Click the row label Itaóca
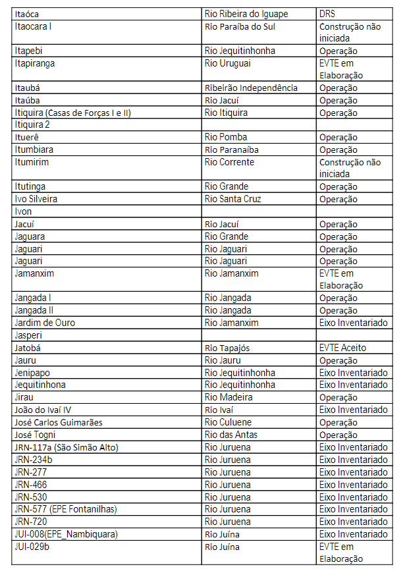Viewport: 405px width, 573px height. [30, 13]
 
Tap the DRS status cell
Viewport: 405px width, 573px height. [328, 13]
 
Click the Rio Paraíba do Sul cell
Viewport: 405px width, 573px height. [240, 26]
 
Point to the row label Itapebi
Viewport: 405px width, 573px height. [30, 51]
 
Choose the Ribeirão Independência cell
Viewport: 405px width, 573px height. [251, 88]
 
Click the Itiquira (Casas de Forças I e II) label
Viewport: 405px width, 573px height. [72, 113]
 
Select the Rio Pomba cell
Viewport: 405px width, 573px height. [227, 138]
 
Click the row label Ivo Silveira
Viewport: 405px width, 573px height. [36, 199]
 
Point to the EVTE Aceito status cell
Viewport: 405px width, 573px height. [342, 348]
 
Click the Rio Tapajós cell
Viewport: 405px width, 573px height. [227, 348]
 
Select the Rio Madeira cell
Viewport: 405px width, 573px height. [228, 398]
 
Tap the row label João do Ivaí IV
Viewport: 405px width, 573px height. [43, 410]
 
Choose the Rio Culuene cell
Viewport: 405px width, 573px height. [228, 422]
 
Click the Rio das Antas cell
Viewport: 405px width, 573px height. [231, 435]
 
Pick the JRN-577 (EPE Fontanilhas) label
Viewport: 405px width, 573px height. [65, 509]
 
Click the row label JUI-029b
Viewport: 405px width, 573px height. [32, 547]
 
